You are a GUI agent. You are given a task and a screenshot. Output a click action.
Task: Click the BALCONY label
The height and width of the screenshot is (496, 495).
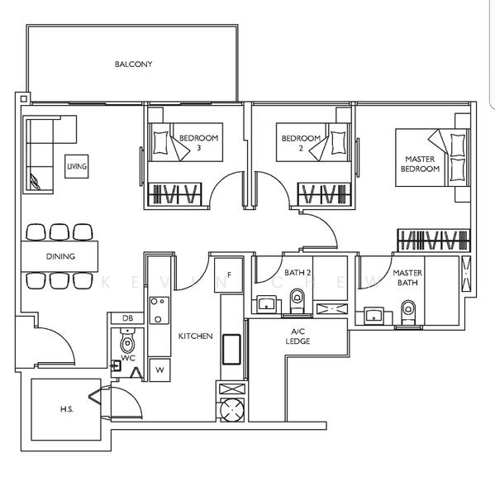point(134,64)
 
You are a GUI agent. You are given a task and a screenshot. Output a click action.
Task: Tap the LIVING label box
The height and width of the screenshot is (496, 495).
point(77,166)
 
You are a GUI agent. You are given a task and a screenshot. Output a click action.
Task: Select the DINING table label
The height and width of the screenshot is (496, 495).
point(60,256)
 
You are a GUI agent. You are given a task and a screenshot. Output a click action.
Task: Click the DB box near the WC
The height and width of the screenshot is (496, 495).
point(127,318)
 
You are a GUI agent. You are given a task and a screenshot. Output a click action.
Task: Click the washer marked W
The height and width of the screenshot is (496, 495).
point(159,370)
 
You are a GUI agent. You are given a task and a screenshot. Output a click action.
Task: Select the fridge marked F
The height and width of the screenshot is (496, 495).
point(229,275)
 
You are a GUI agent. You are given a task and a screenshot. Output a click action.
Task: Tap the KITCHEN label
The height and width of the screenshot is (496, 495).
point(196,336)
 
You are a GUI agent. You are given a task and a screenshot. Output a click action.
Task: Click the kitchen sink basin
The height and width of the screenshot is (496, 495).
point(231,349)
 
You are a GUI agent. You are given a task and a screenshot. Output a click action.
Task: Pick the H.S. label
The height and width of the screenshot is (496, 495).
point(67,409)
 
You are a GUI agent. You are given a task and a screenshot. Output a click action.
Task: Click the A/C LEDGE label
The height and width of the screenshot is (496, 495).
point(297,336)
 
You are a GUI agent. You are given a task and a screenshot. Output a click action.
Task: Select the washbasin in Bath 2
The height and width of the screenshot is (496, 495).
point(266,304)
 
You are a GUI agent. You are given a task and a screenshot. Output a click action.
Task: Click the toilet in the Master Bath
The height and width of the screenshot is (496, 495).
point(408,312)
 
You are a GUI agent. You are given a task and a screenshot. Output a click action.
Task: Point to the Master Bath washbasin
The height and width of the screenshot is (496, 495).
point(374,316)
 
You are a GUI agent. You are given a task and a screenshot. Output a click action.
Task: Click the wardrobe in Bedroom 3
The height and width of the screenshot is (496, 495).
point(175,193)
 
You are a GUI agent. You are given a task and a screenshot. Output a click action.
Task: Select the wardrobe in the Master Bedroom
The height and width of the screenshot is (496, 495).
point(434,241)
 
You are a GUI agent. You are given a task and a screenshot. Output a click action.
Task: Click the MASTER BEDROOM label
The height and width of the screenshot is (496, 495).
point(420,164)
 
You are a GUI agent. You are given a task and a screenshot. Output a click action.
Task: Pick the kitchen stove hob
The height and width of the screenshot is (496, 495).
point(159,310)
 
